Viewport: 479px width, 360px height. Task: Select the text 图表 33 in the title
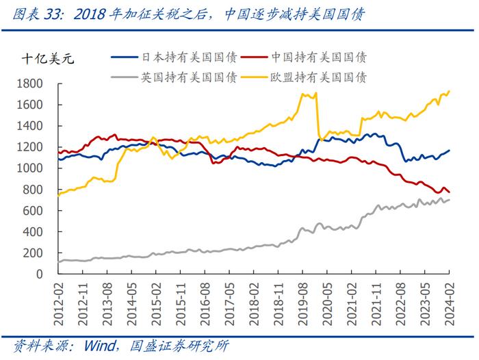pyautogui.click(x=32, y=14)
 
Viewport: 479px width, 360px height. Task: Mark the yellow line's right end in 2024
pyautogui.click(x=450, y=90)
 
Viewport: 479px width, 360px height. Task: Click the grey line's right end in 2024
pyautogui.click(x=450, y=199)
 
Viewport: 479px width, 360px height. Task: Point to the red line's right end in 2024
pyautogui.click(x=450, y=192)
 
